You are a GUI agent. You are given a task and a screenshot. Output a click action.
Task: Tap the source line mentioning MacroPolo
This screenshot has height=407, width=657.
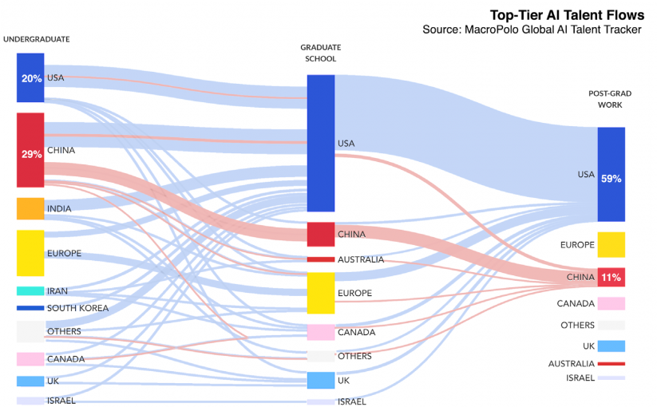pos(532,30)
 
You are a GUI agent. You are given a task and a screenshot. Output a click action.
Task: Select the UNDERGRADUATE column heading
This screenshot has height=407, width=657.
pos(37,39)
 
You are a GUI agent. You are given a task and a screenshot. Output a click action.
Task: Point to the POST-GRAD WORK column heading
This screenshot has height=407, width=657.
pos(610,99)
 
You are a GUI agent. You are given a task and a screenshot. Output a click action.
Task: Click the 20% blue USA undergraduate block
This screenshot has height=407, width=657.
pos(30,77)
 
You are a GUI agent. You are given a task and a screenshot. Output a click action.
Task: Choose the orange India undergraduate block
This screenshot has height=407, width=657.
pos(30,208)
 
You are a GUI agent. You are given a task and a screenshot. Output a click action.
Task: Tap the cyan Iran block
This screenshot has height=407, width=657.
pos(30,291)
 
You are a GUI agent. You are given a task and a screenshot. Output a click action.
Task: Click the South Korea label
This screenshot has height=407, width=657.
pos(77,308)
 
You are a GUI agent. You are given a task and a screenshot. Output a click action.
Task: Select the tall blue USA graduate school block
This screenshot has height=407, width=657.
pos(321,143)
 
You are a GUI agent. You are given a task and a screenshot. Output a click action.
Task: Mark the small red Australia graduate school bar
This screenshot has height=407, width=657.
pos(321,259)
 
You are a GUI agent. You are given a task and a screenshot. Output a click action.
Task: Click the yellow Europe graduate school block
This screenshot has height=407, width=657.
pos(321,293)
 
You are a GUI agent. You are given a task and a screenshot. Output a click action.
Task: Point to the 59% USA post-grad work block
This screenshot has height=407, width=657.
pos(611,174)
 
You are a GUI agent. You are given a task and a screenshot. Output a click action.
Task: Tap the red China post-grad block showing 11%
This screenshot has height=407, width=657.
pos(611,277)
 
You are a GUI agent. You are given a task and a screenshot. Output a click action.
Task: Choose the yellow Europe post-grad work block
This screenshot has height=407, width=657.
pos(611,244)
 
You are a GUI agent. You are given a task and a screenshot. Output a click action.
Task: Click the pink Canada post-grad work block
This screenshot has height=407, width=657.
pos(611,303)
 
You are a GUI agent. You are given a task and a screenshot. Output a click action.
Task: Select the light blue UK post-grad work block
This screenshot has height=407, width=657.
pos(611,346)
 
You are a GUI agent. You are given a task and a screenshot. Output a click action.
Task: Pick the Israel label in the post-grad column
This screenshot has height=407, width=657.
pos(580,377)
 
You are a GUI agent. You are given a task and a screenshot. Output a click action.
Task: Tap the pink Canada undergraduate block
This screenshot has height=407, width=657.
pos(30,359)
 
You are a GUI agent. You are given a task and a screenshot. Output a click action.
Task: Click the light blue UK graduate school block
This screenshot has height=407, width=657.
pos(321,381)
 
